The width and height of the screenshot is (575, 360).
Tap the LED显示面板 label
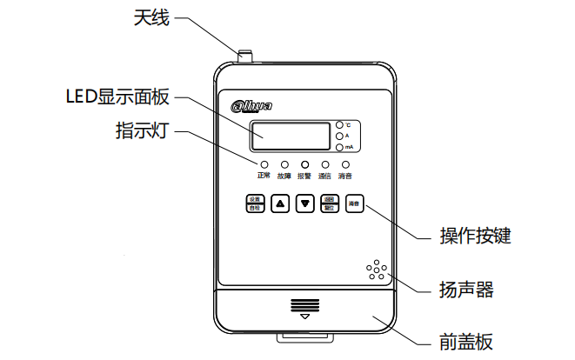click(120, 95)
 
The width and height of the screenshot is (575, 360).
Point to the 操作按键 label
click(475, 236)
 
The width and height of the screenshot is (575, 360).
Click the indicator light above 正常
click(264, 163)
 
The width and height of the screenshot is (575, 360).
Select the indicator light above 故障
click(284, 163)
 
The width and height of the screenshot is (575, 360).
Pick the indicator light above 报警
click(304, 163)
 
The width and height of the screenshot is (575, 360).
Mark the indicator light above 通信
click(325, 163)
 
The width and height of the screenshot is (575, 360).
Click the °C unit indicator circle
click(340, 125)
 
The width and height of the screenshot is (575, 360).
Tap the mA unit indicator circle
click(340, 148)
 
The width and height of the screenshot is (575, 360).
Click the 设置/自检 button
click(254, 203)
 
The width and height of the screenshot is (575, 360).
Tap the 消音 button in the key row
click(354, 203)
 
